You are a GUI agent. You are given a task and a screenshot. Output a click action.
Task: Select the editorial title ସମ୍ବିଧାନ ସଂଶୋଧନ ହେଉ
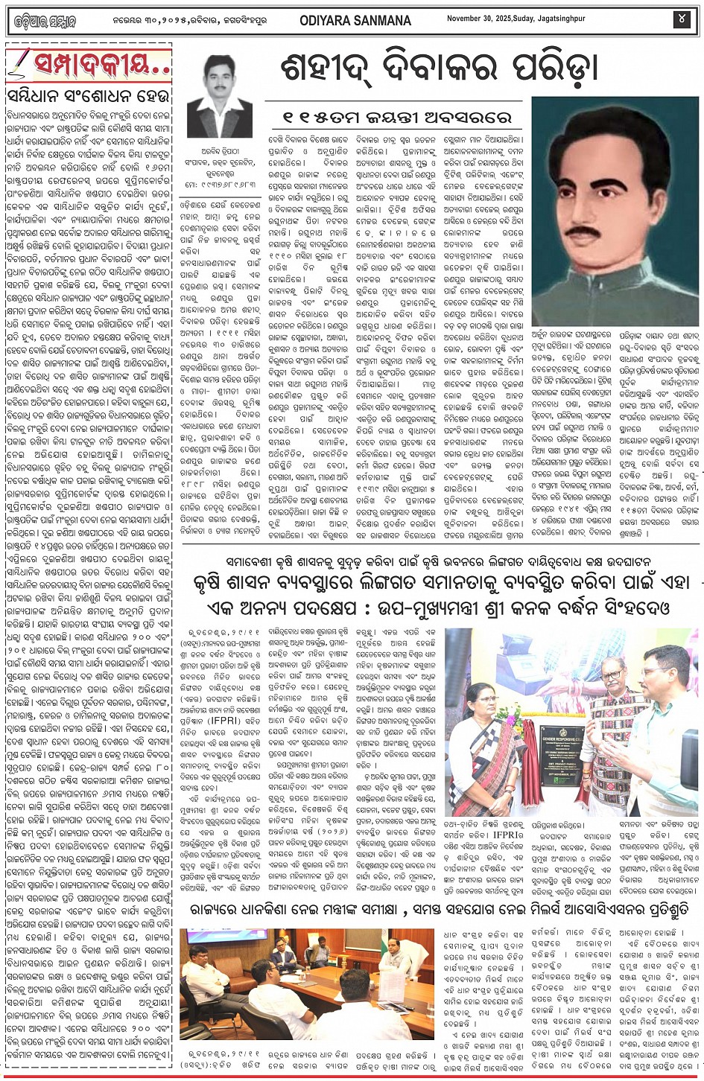point(88,98)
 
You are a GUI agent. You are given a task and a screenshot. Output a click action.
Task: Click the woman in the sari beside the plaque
point(480,752)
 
